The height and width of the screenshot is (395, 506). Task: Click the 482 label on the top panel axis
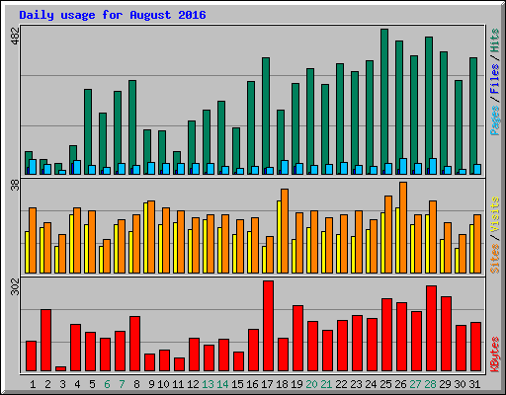14,37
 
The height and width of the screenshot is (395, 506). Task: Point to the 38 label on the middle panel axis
14,185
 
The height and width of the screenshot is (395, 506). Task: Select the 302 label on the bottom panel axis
14,288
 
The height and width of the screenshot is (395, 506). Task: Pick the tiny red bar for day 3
60,368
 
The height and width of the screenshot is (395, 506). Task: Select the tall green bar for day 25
384,99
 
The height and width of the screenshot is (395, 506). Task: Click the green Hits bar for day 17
265,114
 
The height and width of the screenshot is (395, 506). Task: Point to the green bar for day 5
87,128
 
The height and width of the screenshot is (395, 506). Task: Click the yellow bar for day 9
145,238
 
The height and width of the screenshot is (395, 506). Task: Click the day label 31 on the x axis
475,383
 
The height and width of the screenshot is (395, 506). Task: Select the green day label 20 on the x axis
312,383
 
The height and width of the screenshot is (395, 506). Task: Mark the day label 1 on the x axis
33,383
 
